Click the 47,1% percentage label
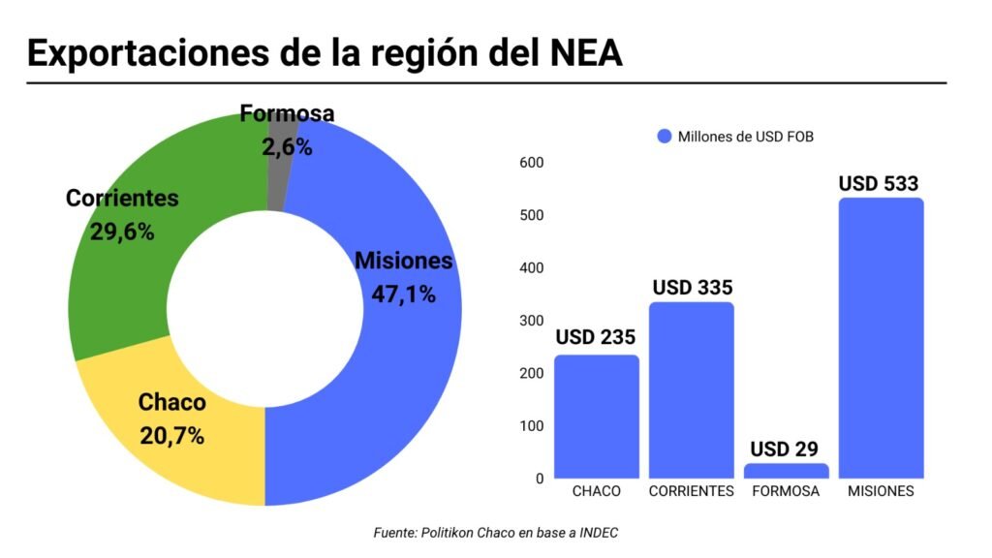(403, 294)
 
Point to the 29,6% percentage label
(122, 232)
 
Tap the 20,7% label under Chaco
(171, 436)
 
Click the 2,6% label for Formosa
(287, 147)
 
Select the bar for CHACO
(596, 417)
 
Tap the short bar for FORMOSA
(786, 471)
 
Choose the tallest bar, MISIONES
(881, 339)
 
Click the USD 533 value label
(878, 183)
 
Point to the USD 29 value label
(784, 449)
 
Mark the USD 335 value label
(692, 288)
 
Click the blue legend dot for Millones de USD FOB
(664, 137)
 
